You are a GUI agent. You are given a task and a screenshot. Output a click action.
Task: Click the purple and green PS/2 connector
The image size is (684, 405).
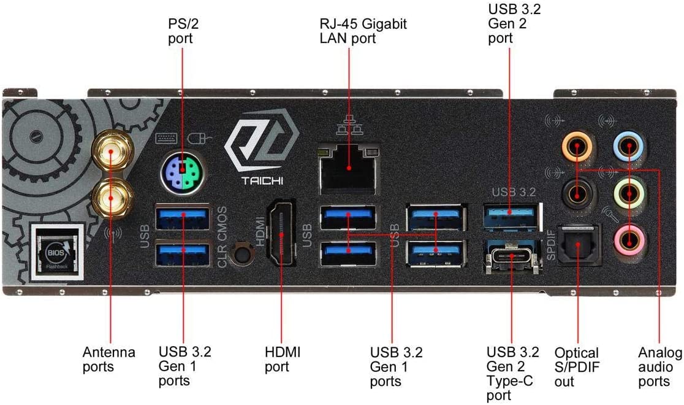pos(182,174)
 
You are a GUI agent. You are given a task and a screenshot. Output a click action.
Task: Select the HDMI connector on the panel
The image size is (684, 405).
pos(281,236)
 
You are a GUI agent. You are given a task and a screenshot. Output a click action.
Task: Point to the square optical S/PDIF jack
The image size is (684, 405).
pos(577,245)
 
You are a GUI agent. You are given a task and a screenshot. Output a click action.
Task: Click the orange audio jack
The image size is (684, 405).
pos(577,147)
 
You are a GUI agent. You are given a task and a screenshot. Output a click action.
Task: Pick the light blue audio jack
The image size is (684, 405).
pos(628,147)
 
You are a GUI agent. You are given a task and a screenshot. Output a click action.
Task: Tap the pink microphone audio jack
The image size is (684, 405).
pos(628,236)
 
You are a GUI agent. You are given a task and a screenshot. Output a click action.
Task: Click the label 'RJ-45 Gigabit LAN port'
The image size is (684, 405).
pos(363,31)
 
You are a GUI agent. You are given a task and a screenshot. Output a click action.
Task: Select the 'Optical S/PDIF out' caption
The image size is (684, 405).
pos(576,367)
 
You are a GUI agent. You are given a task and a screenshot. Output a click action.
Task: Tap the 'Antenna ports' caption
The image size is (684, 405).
pos(108,360)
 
